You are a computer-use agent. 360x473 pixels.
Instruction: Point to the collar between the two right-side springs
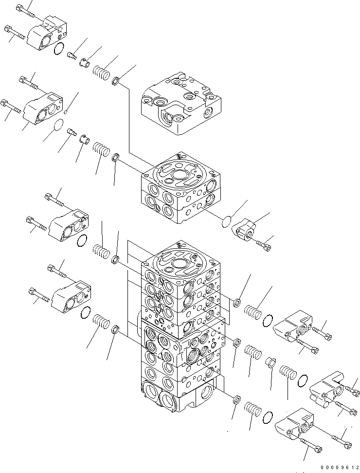pos(270,363)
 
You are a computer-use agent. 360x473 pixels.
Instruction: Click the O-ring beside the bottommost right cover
pos(267,418)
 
